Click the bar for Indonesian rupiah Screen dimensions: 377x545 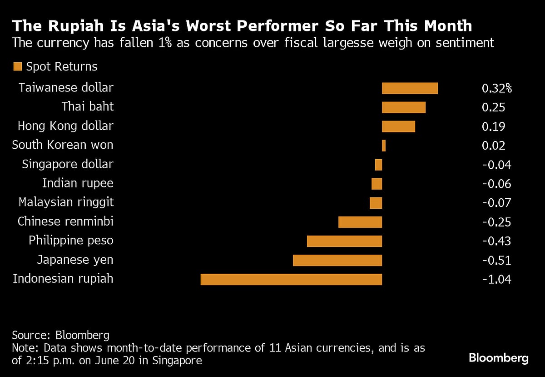coord(291,279)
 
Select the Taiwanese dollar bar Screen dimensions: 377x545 coord(410,88)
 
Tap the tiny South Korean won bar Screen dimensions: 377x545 coord(384,146)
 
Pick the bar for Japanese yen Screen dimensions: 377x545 coord(337,260)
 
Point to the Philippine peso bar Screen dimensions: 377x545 coord(344,241)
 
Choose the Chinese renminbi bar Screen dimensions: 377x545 coord(360,222)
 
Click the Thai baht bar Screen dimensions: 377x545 coord(404,107)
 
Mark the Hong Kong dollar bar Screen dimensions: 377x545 coord(398,126)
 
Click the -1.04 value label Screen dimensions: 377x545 coord(496,279)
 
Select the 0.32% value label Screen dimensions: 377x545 coord(496,88)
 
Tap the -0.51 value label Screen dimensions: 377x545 coord(496,260)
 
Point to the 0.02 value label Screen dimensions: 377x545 coord(493,146)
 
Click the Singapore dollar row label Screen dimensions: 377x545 coord(68,164)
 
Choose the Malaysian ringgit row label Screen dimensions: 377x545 coord(66,202)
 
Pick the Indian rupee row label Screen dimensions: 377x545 coord(78,183)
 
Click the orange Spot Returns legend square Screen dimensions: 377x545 coord(18,67)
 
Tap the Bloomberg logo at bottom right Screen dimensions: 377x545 coord(499,358)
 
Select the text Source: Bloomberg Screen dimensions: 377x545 coord(61,336)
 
